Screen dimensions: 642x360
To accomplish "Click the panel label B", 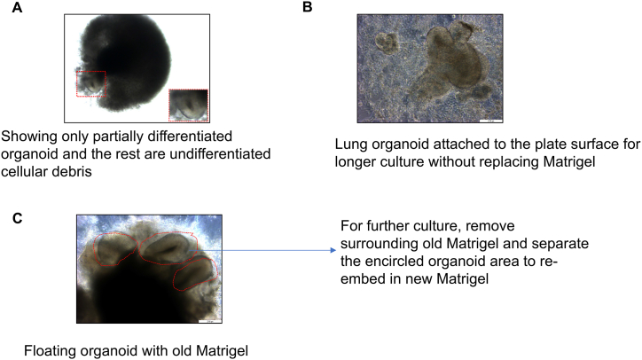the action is pyautogui.click(x=309, y=7).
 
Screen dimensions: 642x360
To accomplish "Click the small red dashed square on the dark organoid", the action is pyautogui.click(x=90, y=83).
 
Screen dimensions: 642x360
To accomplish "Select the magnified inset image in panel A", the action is pyautogui.click(x=188, y=104).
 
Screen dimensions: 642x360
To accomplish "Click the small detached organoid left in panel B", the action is pyautogui.click(x=386, y=42).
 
